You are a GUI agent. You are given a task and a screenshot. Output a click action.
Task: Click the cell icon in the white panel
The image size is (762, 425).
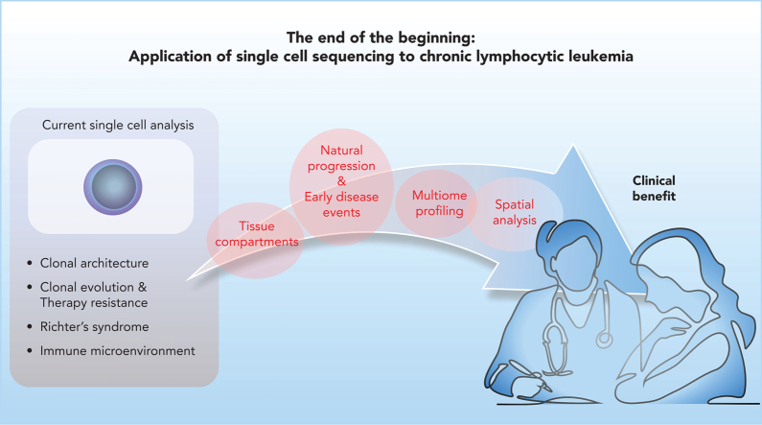pyautogui.click(x=113, y=187)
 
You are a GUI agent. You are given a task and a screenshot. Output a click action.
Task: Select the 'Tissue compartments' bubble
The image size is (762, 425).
pyautogui.click(x=256, y=240)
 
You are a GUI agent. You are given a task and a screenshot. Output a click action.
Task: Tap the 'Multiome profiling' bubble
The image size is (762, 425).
pyautogui.click(x=436, y=203)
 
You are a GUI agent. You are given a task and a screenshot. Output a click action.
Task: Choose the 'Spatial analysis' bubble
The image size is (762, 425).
pyautogui.click(x=514, y=214)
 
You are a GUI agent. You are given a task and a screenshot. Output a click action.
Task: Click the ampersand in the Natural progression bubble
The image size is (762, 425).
pyautogui.click(x=341, y=181)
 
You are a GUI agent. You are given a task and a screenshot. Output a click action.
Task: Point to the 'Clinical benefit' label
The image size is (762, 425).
pyautogui.click(x=654, y=188)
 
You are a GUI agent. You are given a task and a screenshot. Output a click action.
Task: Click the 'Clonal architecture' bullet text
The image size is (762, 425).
pyautogui.click(x=94, y=263)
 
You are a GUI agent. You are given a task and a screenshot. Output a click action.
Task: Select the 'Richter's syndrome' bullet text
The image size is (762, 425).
pyautogui.click(x=94, y=327)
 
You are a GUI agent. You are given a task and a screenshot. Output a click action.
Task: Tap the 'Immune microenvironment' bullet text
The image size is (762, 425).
pyautogui.click(x=118, y=350)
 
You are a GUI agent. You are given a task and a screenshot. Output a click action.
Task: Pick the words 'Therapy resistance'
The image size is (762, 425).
pyautogui.click(x=94, y=302)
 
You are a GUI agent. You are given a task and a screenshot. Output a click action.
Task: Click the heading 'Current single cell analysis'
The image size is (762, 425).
pyautogui.click(x=118, y=125)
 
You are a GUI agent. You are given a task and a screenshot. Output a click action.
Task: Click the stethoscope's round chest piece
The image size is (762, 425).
pyautogui.click(x=604, y=340)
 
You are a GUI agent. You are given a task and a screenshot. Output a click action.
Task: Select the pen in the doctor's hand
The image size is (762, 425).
pyautogui.click(x=530, y=375)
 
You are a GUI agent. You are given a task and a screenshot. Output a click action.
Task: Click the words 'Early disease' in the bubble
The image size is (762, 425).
pyautogui.click(x=341, y=197)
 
